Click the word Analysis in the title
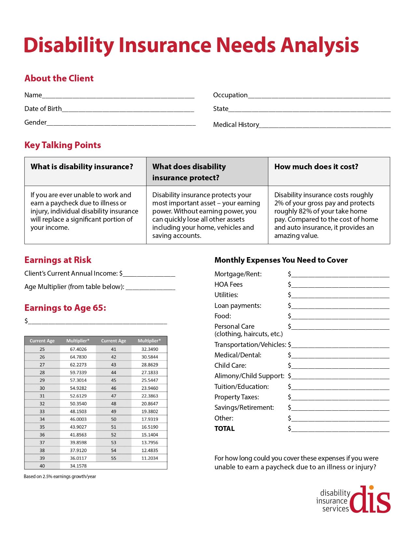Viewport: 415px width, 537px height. pos(320,45)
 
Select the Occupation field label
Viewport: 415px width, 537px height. pos(230,95)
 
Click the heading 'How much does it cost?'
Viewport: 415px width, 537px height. pos(316,167)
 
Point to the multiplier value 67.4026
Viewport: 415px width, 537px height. pos(78,349)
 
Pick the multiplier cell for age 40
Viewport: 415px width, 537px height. pos(78,466)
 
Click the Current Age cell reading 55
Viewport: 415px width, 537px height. pos(114,458)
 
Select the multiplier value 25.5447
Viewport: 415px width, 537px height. pos(150,380)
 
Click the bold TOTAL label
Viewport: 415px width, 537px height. pos(224,429)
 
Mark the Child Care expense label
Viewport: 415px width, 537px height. pos(230,365)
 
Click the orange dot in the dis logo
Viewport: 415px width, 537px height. pos(371,488)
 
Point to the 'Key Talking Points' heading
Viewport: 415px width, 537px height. pos(62,145)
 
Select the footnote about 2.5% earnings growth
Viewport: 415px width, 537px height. pos(60,476)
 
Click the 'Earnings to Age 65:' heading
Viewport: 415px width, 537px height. pos(65,308)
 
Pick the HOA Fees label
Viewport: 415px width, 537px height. pos(228,284)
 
